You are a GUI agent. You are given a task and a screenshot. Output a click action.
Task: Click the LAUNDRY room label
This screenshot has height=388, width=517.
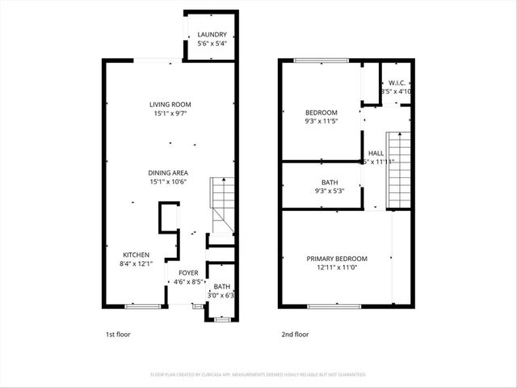click(212, 35)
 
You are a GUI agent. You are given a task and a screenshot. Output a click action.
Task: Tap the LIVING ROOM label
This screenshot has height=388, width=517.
click(170, 104)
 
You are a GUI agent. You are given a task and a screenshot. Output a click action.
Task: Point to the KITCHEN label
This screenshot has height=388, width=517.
click(136, 255)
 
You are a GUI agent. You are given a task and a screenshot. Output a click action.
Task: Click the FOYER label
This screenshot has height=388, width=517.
click(188, 273)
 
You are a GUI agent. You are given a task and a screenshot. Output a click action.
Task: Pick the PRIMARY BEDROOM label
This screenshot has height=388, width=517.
click(336, 259)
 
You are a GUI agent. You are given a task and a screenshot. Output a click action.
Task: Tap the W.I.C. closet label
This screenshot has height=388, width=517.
click(397, 82)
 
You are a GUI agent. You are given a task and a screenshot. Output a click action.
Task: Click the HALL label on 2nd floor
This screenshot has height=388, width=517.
click(376, 153)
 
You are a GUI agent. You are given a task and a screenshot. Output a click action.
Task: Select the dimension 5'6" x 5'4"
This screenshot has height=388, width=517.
click(212, 44)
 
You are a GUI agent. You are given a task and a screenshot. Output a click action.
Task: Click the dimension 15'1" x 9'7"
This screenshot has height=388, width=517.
click(170, 114)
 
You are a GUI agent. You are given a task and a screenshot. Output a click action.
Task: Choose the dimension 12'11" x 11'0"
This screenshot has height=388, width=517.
click(336, 268)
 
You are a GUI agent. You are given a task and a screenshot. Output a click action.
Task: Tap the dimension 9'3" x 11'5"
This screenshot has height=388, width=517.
click(321, 121)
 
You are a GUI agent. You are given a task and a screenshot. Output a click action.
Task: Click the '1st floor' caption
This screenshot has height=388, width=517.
click(118, 334)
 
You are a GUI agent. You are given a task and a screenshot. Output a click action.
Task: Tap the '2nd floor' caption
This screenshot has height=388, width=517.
click(295, 334)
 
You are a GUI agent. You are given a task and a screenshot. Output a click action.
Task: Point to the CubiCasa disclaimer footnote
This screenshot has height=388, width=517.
click(258, 375)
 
